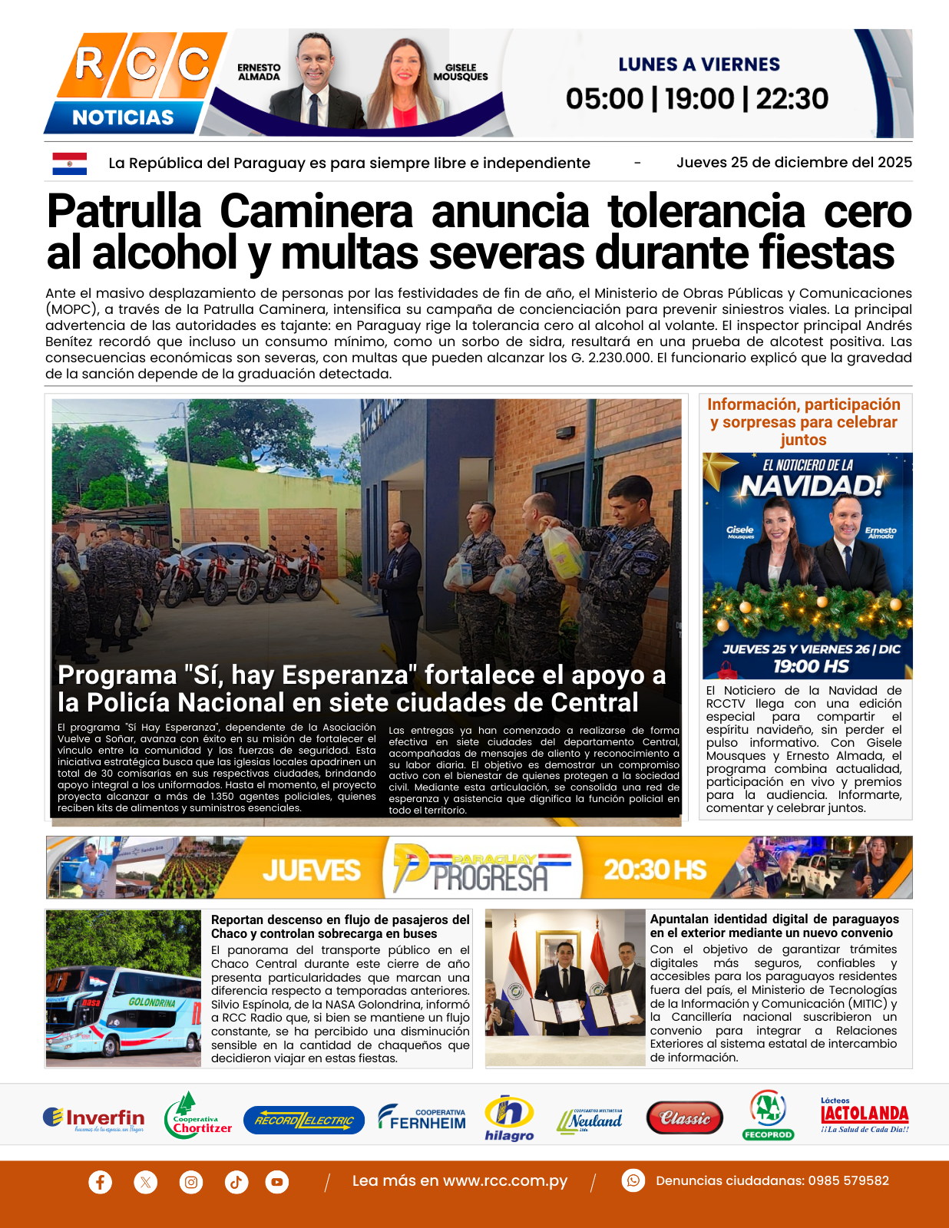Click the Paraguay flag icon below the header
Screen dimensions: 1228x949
pos(69,163)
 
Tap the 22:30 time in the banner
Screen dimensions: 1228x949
pos(792,99)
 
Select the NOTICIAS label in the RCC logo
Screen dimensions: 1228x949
pos(123,117)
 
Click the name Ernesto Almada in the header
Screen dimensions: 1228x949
pos(259,72)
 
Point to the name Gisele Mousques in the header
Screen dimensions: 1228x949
pos(461,72)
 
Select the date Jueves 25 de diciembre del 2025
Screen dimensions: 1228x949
pos(794,163)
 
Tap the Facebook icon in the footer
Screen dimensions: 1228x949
pos(100,1181)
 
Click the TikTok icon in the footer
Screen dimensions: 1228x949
pos(236,1181)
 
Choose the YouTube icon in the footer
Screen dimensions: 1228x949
pos(277,1181)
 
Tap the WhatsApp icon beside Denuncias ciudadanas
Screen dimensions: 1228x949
pos(633,1180)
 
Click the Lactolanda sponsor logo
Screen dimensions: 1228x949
pos(865,1116)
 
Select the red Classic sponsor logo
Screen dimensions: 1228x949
pos(684,1118)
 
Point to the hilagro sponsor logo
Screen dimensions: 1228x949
pos(509,1117)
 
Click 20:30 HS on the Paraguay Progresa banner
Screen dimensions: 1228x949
pos(654,870)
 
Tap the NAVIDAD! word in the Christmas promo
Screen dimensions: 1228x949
pos(812,486)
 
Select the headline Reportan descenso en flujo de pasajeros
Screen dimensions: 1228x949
pos(340,926)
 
